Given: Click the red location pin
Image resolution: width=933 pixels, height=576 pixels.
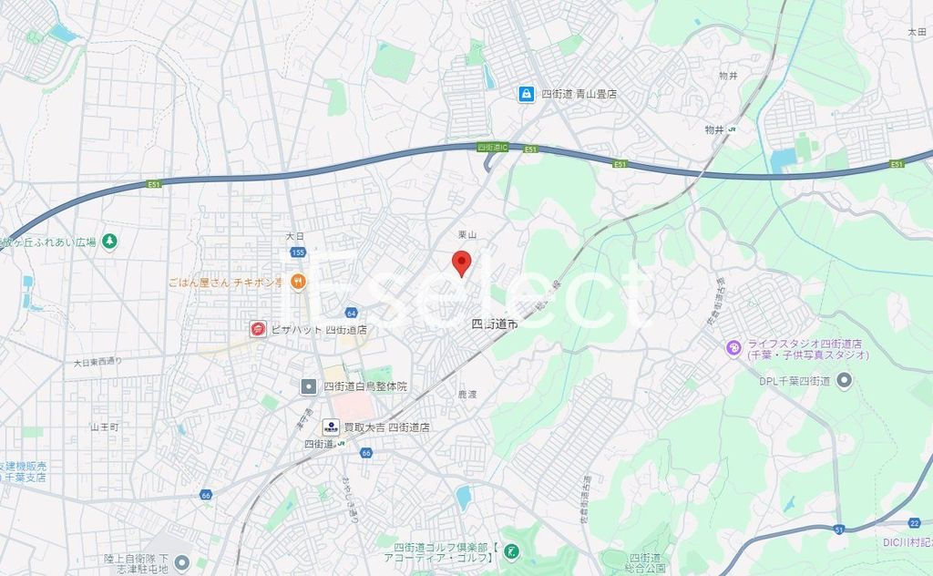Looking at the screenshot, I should click(462, 262).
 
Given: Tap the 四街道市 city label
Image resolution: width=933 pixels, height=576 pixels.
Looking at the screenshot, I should click(495, 324).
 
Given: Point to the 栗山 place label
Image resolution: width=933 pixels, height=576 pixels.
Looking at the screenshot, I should click(467, 235).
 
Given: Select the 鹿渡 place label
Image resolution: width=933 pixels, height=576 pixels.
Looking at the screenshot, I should click(467, 395).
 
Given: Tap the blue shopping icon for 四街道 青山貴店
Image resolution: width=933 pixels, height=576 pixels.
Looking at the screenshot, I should click(527, 93).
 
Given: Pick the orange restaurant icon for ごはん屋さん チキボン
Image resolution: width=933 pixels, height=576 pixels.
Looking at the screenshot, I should click(298, 281).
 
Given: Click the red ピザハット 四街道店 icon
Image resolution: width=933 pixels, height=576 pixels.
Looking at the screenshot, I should click(258, 329).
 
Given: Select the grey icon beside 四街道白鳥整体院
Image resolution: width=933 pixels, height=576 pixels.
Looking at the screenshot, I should click(310, 386).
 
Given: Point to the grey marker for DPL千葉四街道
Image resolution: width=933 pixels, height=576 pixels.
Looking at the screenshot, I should click(846, 380).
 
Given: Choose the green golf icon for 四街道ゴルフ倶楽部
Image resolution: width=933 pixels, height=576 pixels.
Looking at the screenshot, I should click(512, 551).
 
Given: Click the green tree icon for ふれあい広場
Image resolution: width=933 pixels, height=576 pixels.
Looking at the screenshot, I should click(109, 242).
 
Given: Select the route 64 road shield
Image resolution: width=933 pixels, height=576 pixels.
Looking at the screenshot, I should click(351, 313).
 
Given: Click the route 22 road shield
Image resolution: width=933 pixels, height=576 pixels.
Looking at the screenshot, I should click(914, 522).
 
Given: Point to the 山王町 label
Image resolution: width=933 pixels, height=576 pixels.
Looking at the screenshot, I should click(105, 427).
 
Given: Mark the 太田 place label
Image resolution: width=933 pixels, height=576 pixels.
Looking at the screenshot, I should click(916, 32).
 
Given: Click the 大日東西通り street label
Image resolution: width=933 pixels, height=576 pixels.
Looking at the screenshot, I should click(97, 362).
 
